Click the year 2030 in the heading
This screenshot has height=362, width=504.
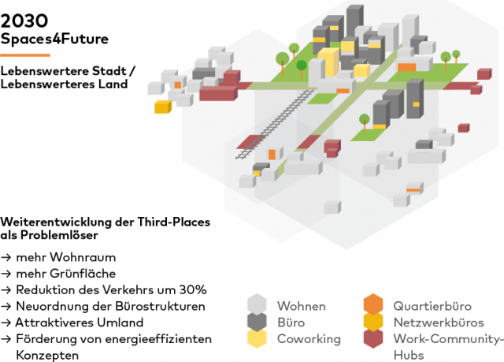[x=24, y=21]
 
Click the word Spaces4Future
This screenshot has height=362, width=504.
[x=54, y=39]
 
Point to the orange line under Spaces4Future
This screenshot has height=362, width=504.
[x=25, y=55]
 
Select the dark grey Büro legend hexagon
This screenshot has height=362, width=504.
[x=258, y=321]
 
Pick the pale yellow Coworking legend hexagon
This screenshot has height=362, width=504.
[x=258, y=338]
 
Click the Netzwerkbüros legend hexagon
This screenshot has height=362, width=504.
[x=373, y=321]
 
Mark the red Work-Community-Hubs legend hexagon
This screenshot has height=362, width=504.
[x=373, y=338]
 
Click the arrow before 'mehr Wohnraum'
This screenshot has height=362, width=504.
[x=6, y=258]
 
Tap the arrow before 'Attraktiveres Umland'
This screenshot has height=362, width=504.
[x=6, y=323]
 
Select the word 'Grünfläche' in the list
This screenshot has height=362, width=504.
[x=83, y=274]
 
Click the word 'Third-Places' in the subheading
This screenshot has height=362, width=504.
[x=174, y=222]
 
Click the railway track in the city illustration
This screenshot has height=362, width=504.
[x=275, y=124]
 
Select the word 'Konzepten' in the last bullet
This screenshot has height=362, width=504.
[x=47, y=356]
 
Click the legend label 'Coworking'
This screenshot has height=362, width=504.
[x=309, y=339]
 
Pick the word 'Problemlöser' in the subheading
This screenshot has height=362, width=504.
[x=59, y=235]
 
